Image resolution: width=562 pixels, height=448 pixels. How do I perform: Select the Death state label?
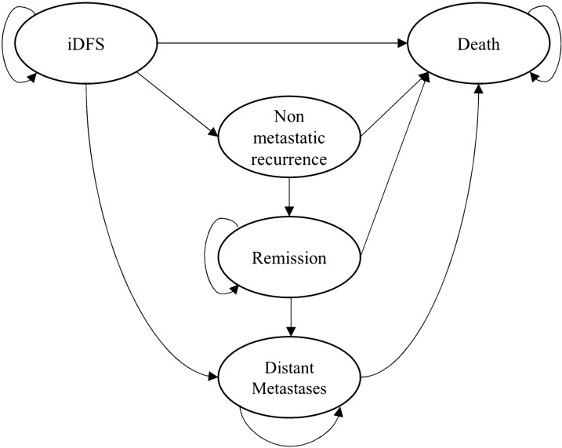[478, 45]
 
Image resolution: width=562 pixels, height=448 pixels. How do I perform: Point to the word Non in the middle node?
[289, 116]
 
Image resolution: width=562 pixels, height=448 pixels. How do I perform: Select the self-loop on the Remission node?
[206, 251]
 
